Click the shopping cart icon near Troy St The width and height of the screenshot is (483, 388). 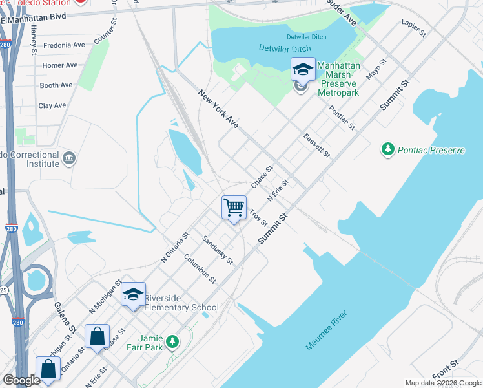pos(234,208)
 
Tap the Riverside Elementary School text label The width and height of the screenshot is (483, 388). pos(181,303)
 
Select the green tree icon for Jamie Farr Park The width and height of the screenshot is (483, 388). pos(172,341)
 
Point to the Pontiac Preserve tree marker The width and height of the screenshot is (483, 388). pos(387,150)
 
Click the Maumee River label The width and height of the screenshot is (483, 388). pos(327,330)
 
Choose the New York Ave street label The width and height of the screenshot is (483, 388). pos(219,110)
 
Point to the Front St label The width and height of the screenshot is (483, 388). pos(446,369)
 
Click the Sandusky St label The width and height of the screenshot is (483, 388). pos(218,249)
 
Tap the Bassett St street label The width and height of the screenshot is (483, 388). pos(316,146)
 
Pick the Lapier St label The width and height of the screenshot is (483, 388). pos(413,27)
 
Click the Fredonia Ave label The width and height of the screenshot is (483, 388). pos(64,45)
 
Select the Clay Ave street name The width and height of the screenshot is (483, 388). pos(52,105)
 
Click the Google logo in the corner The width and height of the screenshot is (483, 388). pos(21,380)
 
